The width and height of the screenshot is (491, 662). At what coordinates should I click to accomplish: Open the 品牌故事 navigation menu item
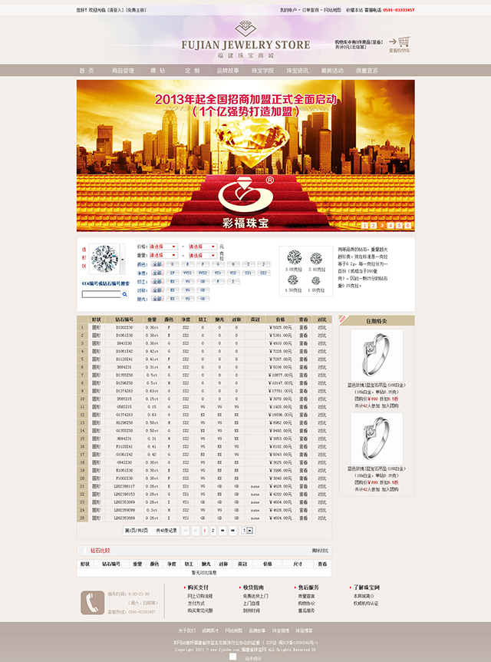click(228, 71)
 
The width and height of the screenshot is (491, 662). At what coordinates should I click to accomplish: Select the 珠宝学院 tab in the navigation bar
click(262, 71)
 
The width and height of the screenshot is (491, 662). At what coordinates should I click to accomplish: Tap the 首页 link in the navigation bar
click(87, 71)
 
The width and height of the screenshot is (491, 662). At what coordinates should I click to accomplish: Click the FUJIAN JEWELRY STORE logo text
click(245, 45)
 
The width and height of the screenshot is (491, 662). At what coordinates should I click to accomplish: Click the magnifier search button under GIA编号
click(125, 294)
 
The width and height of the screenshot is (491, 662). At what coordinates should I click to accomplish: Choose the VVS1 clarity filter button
click(187, 272)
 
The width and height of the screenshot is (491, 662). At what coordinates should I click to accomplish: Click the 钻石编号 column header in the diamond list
click(124, 319)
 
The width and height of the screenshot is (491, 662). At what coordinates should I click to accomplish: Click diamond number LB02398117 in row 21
click(124, 486)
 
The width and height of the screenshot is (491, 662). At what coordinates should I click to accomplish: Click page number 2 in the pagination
click(213, 531)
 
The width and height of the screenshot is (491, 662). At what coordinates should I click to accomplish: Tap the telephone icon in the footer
click(93, 601)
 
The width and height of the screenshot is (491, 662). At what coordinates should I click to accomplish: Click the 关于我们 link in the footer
click(186, 630)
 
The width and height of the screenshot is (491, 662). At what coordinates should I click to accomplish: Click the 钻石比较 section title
click(101, 550)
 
